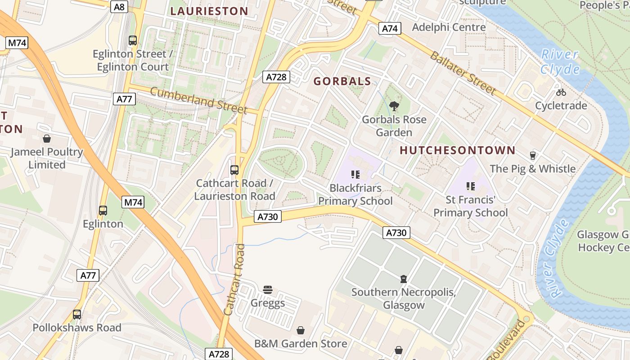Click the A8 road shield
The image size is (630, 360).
(119, 6)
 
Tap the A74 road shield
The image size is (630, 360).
(389, 28)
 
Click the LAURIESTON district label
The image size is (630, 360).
(209, 11)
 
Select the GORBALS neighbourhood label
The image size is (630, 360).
(342, 81)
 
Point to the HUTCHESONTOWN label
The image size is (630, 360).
(458, 150)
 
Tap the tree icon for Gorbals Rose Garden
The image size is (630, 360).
(394, 106)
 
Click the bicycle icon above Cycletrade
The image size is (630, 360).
(561, 92)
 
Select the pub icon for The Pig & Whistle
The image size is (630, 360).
(533, 156)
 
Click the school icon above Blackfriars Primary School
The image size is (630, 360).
(355, 175)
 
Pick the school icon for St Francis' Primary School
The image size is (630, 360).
(471, 186)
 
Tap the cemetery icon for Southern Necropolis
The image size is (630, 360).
(404, 279)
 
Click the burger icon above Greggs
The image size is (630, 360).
(268, 289)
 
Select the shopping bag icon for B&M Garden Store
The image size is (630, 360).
(301, 331)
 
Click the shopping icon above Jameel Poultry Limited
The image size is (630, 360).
(47, 139)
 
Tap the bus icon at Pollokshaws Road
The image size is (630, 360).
(77, 315)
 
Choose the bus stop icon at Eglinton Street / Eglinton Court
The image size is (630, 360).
(132, 40)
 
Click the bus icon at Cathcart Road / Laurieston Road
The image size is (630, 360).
(234, 170)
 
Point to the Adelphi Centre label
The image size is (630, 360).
(449, 27)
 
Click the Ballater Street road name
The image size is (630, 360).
(463, 73)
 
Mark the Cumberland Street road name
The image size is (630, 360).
(198, 100)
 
